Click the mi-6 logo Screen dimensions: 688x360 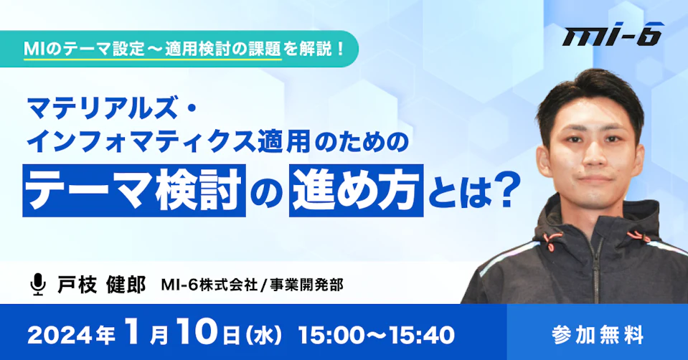[x=613, y=36]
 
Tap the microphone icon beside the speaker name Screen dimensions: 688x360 [x=38, y=284]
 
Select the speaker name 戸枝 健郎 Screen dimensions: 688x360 [x=102, y=285]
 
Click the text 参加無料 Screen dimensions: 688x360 [x=598, y=335]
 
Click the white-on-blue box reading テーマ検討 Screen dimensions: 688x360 [x=134, y=191]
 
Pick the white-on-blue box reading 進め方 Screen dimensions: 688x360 [x=356, y=191]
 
